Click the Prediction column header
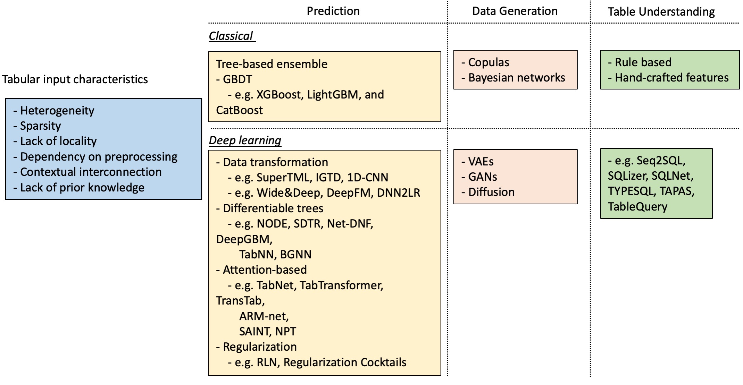tap(333, 11)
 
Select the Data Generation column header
tap(515, 11)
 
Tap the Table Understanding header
tap(661, 12)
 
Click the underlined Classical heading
tap(231, 36)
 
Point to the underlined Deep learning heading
tap(245, 140)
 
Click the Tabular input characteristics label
tap(75, 79)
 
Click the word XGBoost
tap(278, 95)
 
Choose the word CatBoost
tap(239, 110)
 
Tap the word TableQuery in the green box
tap(637, 207)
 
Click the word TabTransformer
tap(341, 285)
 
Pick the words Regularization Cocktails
tap(345, 362)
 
